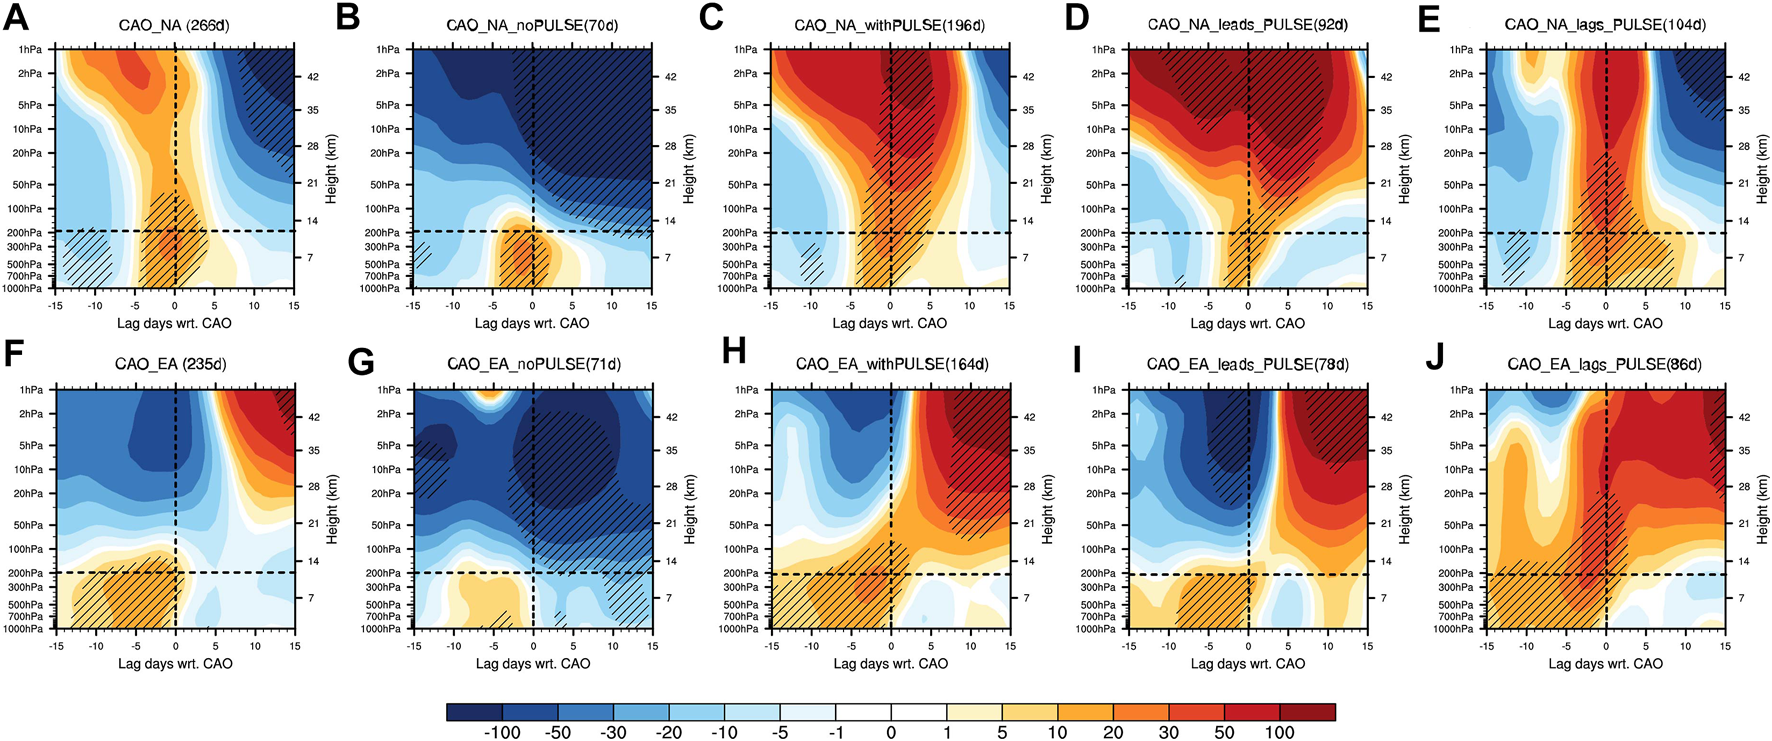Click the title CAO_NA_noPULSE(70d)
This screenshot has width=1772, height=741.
click(x=532, y=25)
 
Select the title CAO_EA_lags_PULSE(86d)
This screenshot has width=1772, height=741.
click(x=1605, y=365)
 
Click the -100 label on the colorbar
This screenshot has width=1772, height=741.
click(x=502, y=732)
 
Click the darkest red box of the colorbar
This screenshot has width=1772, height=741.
click(x=1307, y=711)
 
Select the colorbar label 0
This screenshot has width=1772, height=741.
click(x=891, y=732)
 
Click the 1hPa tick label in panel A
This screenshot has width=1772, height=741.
click(x=31, y=49)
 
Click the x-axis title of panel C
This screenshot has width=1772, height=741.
click(x=889, y=323)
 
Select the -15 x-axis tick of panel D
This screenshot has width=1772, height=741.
click(x=1128, y=306)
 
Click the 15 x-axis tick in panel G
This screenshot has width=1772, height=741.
click(x=652, y=646)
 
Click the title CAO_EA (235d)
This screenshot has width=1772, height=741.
click(x=170, y=365)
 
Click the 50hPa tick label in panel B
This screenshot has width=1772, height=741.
click(x=387, y=185)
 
